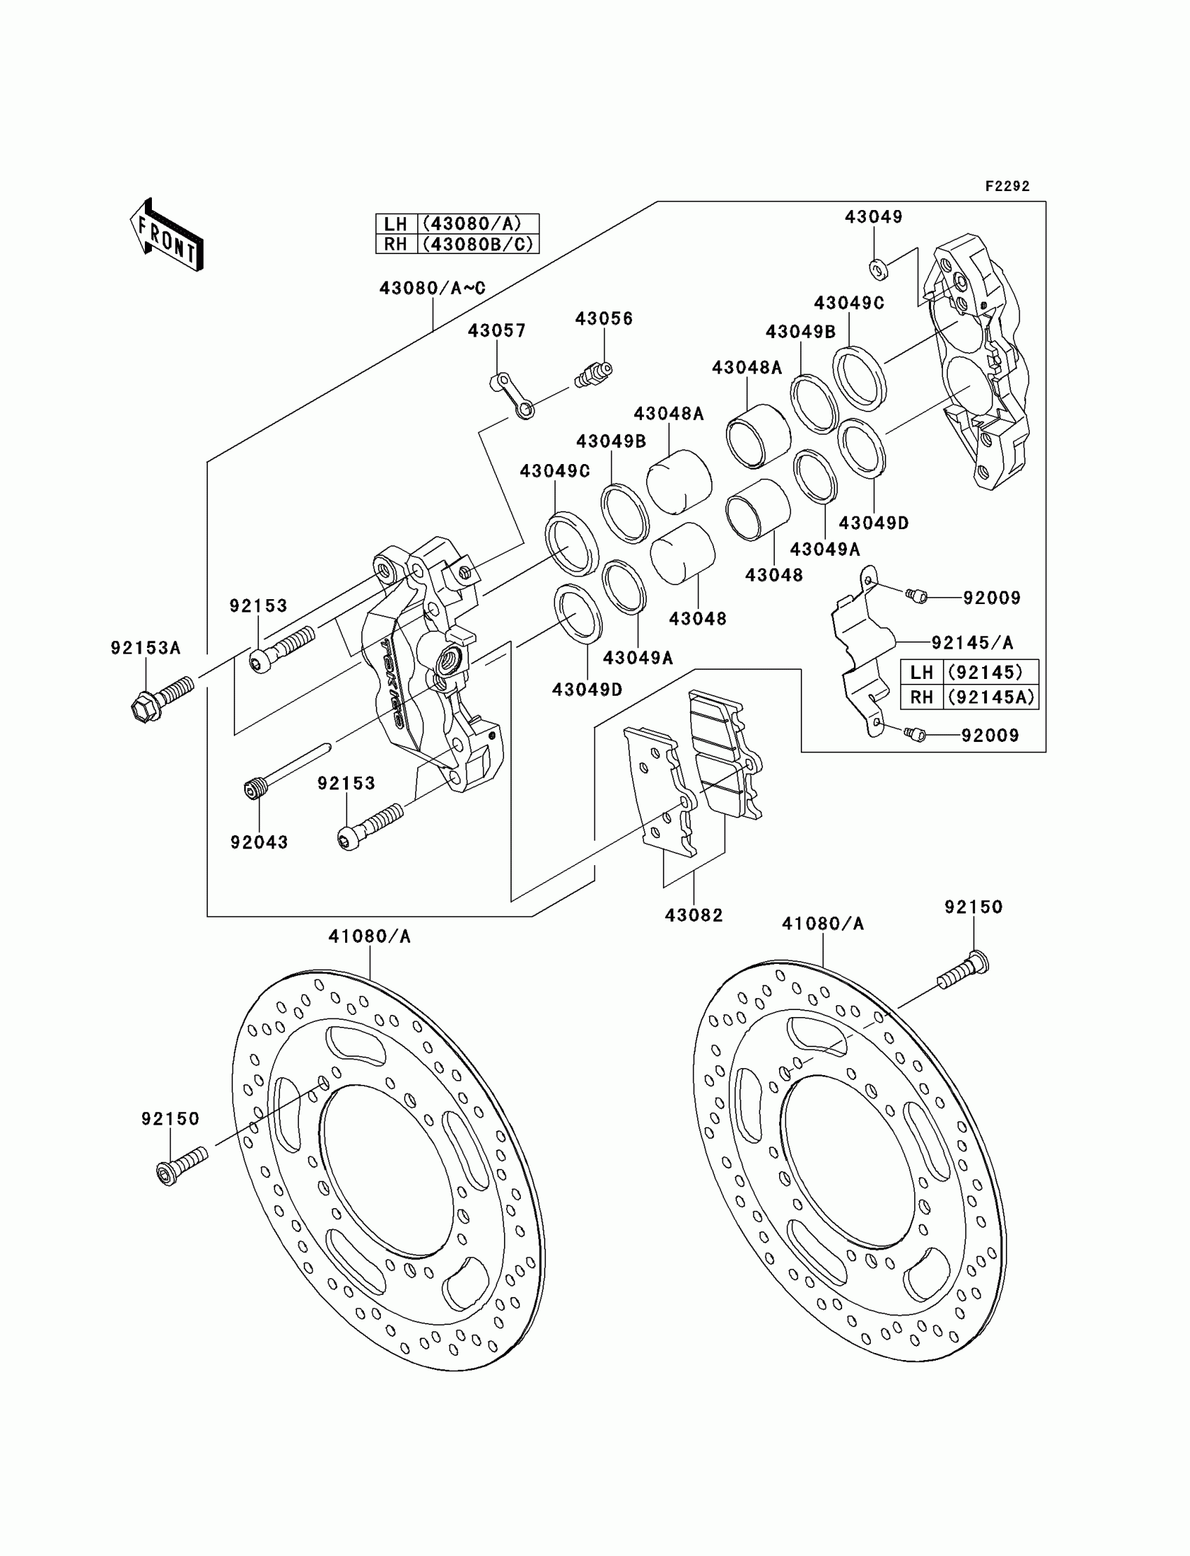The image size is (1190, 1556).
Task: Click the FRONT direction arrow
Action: pos(166,236)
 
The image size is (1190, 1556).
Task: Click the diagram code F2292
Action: pos(1007,186)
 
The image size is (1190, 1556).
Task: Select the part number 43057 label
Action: pos(496,331)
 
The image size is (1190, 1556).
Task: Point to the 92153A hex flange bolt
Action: pos(162,696)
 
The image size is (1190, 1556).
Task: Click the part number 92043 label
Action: pos(259,842)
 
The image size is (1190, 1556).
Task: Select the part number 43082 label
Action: pos(694,915)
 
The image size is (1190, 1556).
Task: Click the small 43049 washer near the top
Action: pos(876,267)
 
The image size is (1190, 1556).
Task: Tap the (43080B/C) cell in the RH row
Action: pos(479,244)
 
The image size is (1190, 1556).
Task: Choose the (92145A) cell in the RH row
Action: pos(991,697)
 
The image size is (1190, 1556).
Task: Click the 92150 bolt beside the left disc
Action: pos(181,1165)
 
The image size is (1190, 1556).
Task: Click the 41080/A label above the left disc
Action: pos(369,936)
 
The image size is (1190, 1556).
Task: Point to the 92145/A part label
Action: pos(972,643)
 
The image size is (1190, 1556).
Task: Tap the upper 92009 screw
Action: pos(915,596)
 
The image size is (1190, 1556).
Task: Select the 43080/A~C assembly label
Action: pos(432,288)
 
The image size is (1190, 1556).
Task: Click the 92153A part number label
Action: pos(145,647)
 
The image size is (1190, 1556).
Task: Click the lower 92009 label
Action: pos(990,735)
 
